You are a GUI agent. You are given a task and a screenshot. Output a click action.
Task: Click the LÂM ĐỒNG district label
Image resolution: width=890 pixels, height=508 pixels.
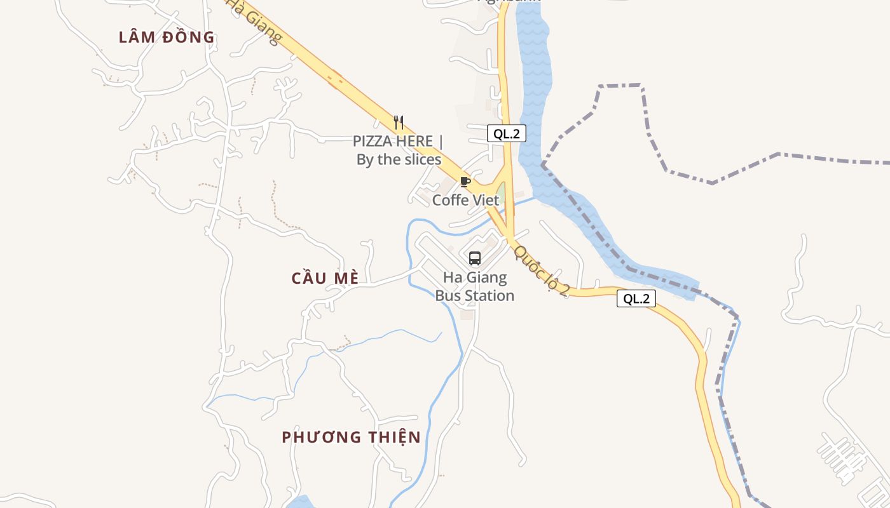pyautogui.click(x=167, y=37)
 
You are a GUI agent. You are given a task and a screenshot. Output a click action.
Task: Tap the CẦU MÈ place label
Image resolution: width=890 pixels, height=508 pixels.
pyautogui.click(x=325, y=278)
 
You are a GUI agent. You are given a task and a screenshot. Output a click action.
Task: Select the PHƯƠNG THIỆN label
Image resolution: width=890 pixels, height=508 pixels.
pyautogui.click(x=351, y=437)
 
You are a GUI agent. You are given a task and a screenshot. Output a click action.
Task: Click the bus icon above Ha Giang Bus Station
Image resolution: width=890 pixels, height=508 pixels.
pyautogui.click(x=475, y=258)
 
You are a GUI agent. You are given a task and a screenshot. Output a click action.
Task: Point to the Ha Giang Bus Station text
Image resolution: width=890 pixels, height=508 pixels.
pyautogui.click(x=475, y=286)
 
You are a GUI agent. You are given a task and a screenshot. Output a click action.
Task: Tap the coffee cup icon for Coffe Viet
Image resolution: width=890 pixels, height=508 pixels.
pyautogui.click(x=465, y=182)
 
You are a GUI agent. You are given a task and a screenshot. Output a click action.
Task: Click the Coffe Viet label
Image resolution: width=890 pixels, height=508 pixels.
pyautogui.click(x=466, y=200)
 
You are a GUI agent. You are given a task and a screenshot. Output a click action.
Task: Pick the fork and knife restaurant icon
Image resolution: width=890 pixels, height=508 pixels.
pyautogui.click(x=399, y=122)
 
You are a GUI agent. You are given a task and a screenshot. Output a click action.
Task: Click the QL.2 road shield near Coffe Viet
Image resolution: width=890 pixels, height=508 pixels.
pyautogui.click(x=507, y=133)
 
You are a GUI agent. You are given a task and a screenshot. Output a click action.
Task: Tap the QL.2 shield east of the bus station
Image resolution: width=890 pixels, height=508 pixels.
pyautogui.click(x=636, y=298)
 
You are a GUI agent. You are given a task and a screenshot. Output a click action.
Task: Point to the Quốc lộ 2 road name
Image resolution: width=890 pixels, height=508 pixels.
pyautogui.click(x=542, y=271)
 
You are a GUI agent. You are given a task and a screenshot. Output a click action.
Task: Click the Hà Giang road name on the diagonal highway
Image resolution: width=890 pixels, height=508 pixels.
pyautogui.click(x=254, y=22)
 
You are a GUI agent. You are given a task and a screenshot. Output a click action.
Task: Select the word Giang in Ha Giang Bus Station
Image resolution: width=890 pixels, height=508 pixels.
pyautogui.click(x=487, y=277)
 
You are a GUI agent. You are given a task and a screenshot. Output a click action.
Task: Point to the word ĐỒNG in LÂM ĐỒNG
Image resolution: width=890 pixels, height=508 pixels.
pyautogui.click(x=189, y=37)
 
